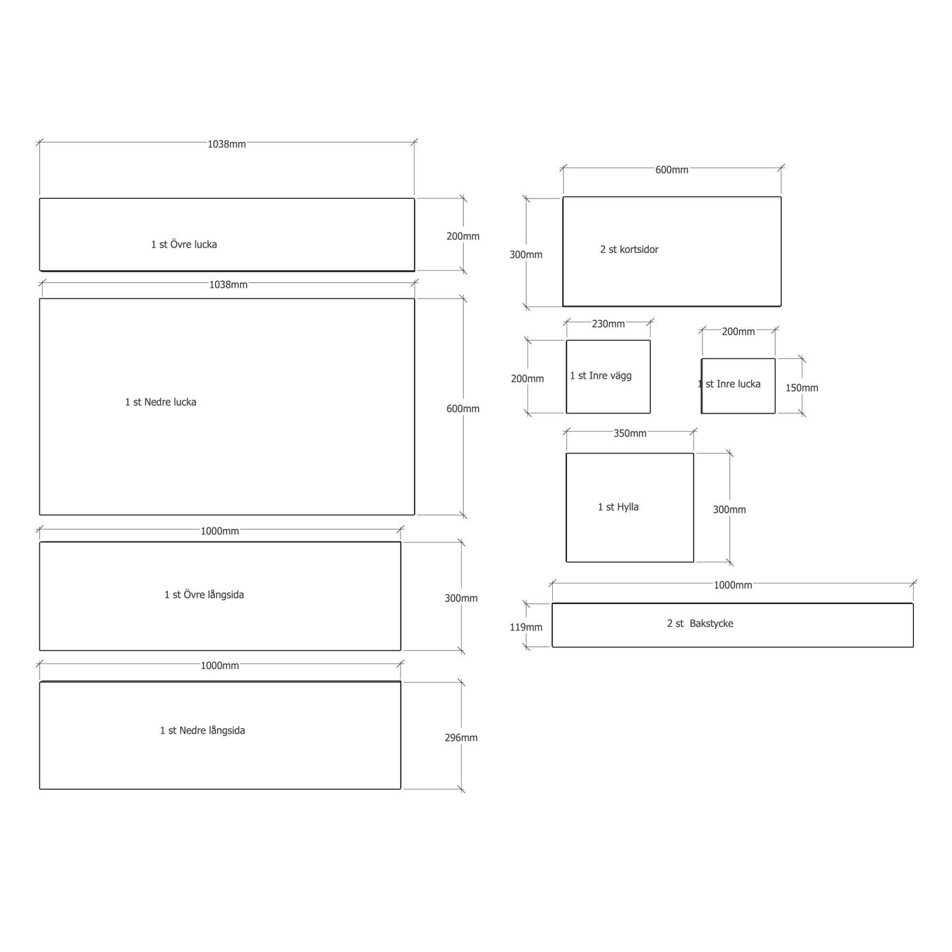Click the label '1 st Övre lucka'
pos(184,244)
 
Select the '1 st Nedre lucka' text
pos(160,402)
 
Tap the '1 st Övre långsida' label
pos(204,594)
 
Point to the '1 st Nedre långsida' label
pos(203,730)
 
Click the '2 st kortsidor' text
pos(629,250)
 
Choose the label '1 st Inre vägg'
pos(600,375)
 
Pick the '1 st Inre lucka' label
pos(730,384)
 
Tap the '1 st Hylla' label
pos(618,507)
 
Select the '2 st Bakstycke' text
pos(700,624)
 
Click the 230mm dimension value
pos(608,324)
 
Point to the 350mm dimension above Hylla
pos(630,433)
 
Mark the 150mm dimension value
pos(802,388)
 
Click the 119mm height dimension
pos(526,627)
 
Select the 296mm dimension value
pos(461,737)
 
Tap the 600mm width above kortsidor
pos(672,169)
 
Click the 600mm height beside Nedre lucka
pos(462,409)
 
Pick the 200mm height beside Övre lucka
pos(462,236)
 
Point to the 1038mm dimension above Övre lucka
pos(226,144)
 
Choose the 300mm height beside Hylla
pos(729,509)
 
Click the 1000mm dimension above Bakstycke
pos(732,585)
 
